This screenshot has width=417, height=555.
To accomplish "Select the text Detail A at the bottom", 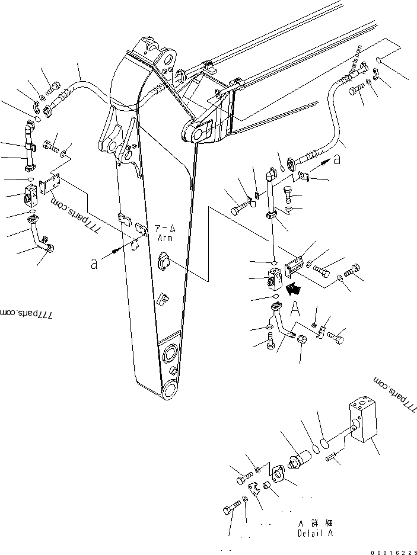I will click(315, 533).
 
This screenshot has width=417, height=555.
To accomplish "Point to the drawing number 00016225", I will click(393, 551).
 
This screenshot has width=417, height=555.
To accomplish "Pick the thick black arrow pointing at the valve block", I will click(292, 289).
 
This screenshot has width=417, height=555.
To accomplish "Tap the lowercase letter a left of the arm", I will click(94, 263).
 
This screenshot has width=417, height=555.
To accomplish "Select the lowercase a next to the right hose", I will click(337, 159).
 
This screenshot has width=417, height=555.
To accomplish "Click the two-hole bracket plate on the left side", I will click(50, 188).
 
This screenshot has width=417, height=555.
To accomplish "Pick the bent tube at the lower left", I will click(42, 234).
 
